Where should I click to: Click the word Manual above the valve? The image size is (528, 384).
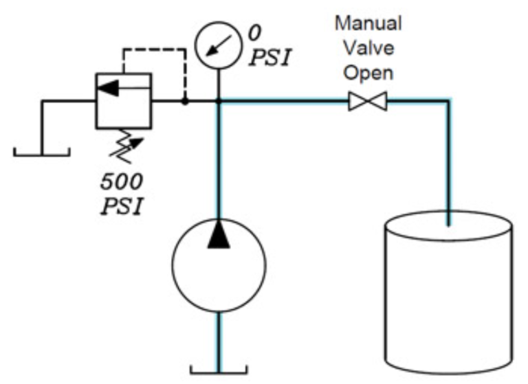click(x=368, y=23)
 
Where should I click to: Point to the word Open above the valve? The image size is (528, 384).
click(x=368, y=72)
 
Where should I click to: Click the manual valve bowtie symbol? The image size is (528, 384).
click(x=368, y=102)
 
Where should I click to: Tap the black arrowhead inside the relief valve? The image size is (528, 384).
click(x=106, y=88)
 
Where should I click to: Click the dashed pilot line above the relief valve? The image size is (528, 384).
click(x=155, y=49)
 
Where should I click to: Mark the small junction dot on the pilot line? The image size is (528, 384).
click(x=184, y=102)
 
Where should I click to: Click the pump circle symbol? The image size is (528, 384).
click(x=219, y=264)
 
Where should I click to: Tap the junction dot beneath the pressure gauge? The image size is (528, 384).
click(x=219, y=102)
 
